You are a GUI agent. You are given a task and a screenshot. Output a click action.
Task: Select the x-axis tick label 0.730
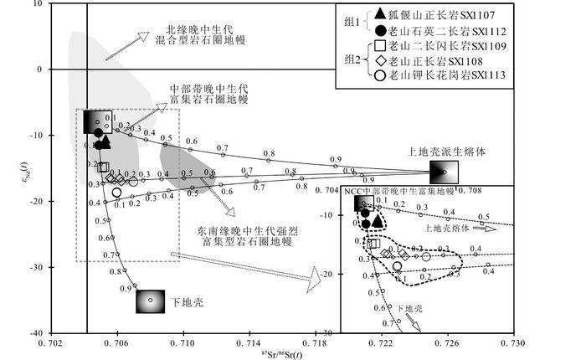point(512,343)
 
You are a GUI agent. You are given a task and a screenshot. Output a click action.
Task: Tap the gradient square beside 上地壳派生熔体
point(444,173)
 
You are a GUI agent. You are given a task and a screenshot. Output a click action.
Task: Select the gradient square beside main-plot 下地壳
point(151,300)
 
